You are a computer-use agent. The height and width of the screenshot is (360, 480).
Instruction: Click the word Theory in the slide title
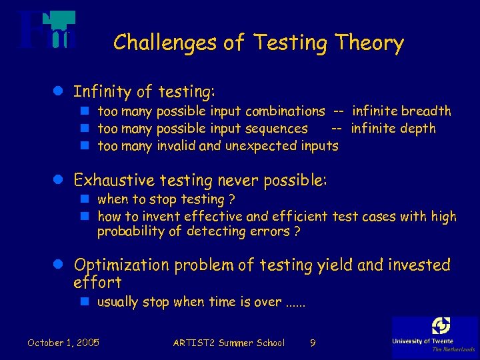369,43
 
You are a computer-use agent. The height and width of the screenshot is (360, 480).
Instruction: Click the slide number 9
313,343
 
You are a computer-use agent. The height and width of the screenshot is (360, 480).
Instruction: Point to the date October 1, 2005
63,343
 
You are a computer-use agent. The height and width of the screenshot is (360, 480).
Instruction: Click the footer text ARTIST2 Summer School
229,343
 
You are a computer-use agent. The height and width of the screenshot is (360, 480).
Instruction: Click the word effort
97,282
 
